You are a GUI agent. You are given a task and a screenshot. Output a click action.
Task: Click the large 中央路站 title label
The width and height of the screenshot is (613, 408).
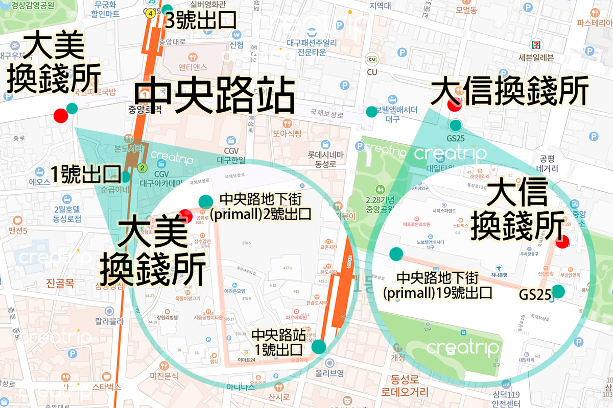215,95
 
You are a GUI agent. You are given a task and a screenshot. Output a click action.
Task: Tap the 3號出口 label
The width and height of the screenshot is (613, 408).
201,20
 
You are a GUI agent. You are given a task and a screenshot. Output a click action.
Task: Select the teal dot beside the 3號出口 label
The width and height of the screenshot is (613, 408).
167,9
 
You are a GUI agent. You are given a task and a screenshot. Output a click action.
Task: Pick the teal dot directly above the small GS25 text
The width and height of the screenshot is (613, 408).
455,125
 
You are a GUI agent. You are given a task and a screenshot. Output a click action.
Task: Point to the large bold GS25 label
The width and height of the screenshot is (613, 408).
534,295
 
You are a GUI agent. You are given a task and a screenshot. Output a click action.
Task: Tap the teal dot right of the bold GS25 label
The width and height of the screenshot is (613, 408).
558,291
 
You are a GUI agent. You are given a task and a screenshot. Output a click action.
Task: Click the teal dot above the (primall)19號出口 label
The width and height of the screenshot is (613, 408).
396,254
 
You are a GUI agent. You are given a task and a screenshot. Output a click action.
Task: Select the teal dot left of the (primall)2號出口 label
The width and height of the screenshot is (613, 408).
205,201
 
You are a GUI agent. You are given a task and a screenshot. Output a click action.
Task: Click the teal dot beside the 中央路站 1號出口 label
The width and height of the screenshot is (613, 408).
318,347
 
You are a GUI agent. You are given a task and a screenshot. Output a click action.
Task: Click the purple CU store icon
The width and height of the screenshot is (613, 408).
372,59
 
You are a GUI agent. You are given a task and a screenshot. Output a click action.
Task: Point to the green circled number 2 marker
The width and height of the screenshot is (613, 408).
143,167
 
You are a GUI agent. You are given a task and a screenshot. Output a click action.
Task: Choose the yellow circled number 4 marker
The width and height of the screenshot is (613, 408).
150,14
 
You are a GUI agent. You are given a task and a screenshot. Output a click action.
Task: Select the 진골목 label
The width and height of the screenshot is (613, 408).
60,283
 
